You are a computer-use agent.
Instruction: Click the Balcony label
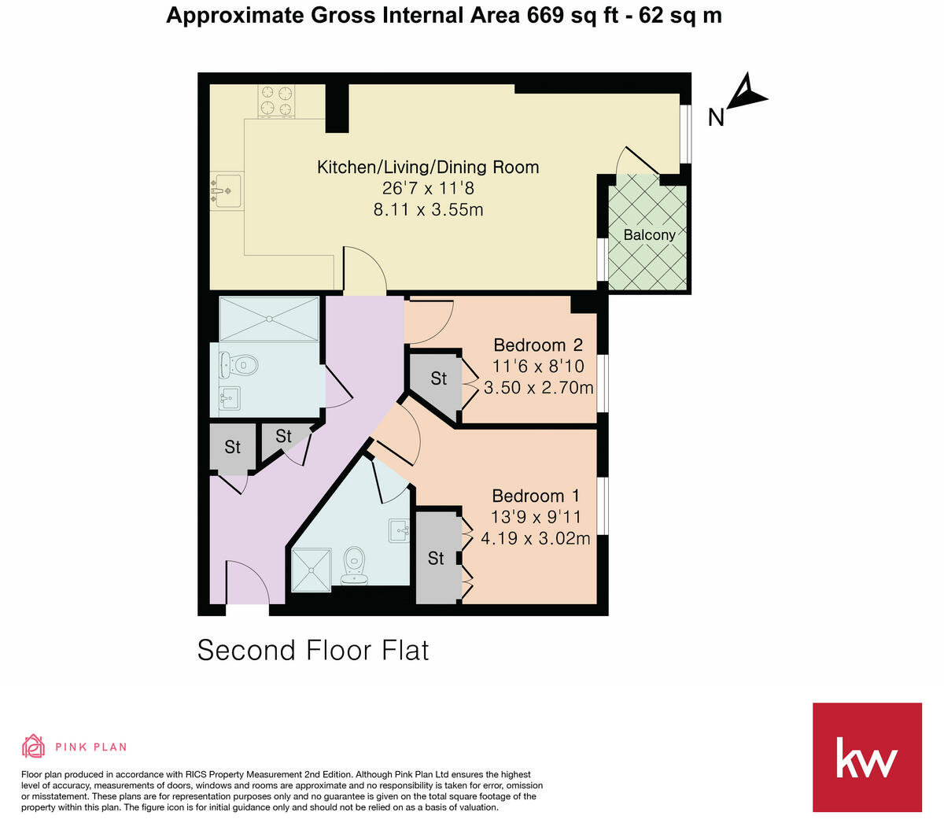pyautogui.click(x=649, y=234)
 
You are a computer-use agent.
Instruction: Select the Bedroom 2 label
pyautogui.click(x=538, y=345)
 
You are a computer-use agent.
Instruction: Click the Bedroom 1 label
pyautogui.click(x=535, y=496)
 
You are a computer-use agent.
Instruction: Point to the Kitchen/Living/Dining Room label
pyautogui.click(x=428, y=167)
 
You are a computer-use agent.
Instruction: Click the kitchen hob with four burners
pyautogui.click(x=275, y=101)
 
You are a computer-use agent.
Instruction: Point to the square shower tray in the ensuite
pyautogui.click(x=312, y=570)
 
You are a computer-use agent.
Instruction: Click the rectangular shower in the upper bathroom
pyautogui.click(x=269, y=319)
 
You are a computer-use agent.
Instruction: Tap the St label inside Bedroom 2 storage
pyautogui.click(x=438, y=378)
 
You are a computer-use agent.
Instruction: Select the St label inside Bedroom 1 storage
pyautogui.click(x=436, y=558)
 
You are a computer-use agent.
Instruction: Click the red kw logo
pyautogui.click(x=866, y=757)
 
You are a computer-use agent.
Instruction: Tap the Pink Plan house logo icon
pyautogui.click(x=34, y=746)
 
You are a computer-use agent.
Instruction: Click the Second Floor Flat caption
pyautogui.click(x=313, y=650)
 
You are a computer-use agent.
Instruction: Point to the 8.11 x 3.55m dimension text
pyautogui.click(x=428, y=209)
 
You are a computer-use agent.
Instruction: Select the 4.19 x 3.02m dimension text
pyautogui.click(x=535, y=539)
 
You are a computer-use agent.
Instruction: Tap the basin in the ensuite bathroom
pyautogui.click(x=399, y=531)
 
